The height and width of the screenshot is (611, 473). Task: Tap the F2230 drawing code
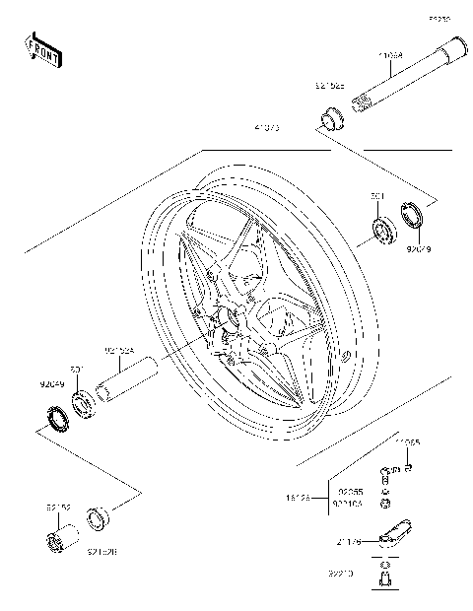(x=439, y=19)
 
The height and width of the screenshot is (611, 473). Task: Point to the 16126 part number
(x=297, y=500)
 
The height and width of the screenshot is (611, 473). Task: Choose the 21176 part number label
(x=351, y=541)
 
